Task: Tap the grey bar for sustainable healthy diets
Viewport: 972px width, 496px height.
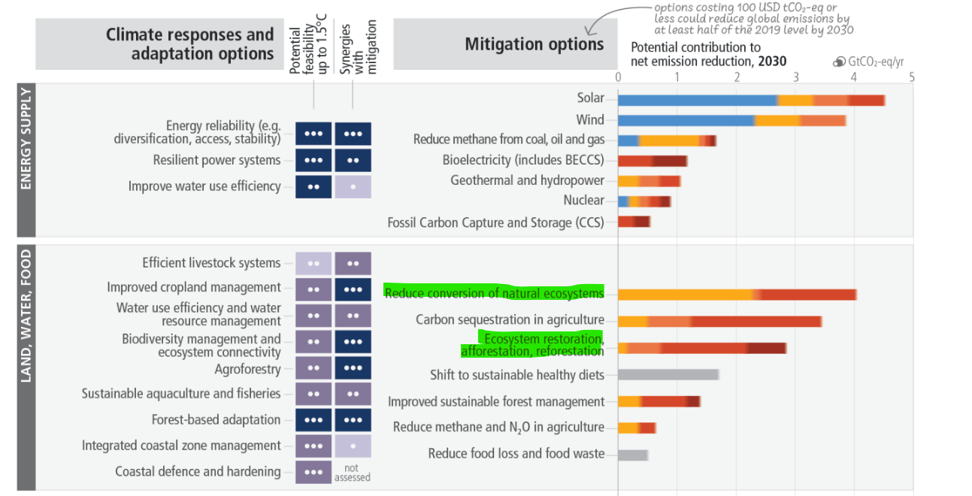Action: tap(668, 374)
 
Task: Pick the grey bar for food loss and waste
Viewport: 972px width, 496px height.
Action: tap(633, 455)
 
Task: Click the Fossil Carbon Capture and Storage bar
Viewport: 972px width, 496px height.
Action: tap(634, 221)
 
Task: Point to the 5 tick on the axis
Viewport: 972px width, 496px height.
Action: tap(912, 77)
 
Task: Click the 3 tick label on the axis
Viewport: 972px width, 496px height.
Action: tap(795, 77)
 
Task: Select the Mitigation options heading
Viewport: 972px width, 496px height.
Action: tap(534, 44)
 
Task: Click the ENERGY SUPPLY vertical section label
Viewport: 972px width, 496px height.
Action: tap(26, 138)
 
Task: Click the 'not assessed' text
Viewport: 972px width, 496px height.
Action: tap(353, 473)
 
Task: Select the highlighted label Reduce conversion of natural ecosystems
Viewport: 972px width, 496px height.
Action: tap(494, 292)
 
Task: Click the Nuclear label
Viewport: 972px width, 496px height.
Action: tap(583, 200)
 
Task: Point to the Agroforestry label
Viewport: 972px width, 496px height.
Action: tap(247, 369)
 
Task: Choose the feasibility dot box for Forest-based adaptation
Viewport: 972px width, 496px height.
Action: tap(313, 420)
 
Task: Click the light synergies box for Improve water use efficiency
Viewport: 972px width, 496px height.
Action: tap(353, 186)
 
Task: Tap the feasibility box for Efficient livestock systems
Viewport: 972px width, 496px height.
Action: tap(313, 263)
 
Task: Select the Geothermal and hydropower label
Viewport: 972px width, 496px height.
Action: tap(527, 180)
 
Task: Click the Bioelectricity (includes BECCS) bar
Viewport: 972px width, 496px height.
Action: tap(653, 160)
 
